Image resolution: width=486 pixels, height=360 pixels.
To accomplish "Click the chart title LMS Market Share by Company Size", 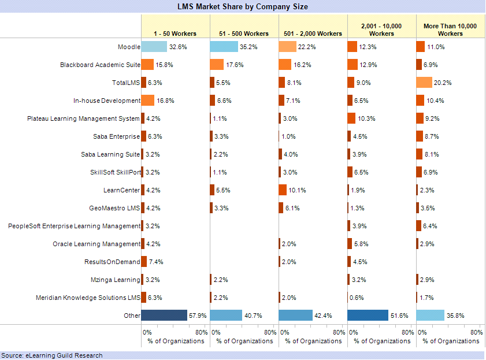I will (x=243, y=6).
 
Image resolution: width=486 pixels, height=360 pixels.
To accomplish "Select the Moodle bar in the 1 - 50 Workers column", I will (x=154, y=47).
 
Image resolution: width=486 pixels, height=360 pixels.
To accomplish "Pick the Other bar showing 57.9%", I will (x=164, y=316).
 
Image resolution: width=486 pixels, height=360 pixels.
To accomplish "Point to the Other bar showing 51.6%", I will (x=368, y=316).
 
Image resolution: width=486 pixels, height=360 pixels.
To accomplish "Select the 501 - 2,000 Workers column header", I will (x=313, y=34).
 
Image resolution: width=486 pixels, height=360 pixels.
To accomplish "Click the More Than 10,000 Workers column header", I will (x=450, y=30).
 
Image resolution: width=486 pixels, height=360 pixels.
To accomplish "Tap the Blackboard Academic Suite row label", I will (x=100, y=65).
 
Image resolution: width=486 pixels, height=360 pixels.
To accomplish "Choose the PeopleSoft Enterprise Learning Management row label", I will (x=75, y=226).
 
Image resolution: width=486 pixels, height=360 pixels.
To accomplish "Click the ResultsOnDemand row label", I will (x=112, y=262).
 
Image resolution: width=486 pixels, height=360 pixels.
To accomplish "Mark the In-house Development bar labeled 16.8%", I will (x=148, y=101).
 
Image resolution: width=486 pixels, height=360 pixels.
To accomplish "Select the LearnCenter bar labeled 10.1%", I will (x=283, y=190).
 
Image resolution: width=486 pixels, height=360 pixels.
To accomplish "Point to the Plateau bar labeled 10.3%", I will (x=351, y=118).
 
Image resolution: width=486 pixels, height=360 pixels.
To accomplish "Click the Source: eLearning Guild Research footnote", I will (x=52, y=355).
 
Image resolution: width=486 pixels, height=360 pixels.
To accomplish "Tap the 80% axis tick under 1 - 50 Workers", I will (x=202, y=332).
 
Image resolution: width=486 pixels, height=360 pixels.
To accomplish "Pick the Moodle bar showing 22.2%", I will (x=287, y=47).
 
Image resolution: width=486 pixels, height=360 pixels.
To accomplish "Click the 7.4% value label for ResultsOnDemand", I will (x=156, y=262).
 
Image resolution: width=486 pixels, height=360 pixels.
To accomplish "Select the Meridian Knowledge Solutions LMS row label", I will (x=88, y=298).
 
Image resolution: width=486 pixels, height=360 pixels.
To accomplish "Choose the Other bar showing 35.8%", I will (x=431, y=316).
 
